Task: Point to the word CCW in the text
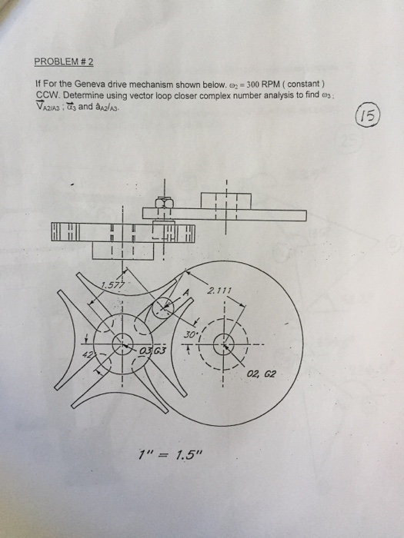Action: (x=48, y=91)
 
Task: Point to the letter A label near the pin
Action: (x=185, y=294)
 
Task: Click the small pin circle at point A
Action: (x=164, y=309)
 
